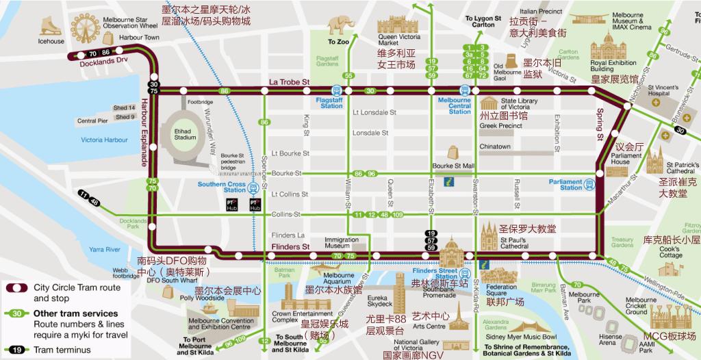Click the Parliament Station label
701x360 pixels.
point(565,184)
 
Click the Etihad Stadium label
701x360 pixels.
point(185,134)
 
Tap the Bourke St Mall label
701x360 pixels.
point(453,166)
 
